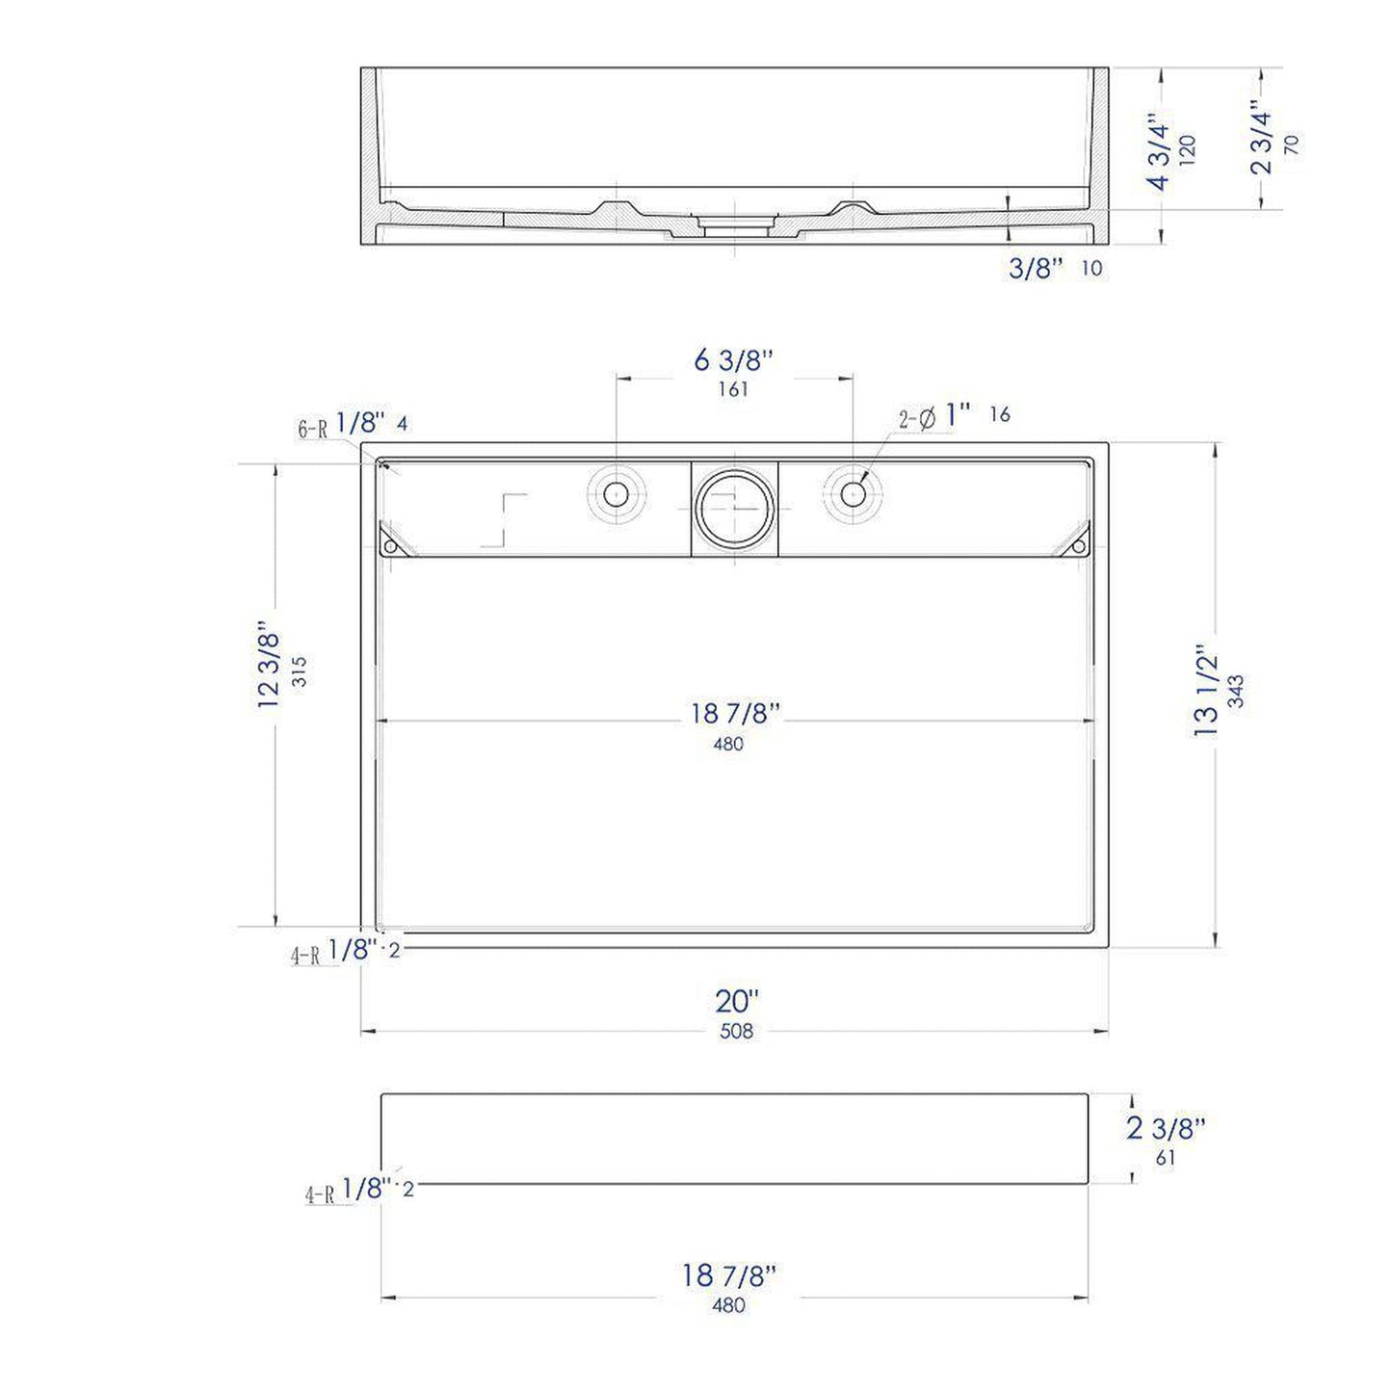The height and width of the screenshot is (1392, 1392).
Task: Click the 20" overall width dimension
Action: pos(737,1001)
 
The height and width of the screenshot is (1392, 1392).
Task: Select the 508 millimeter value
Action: pos(736,1032)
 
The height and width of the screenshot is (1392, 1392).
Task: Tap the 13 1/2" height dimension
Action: pos(1206,691)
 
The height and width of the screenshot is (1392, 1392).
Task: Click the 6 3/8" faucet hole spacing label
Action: pos(733,360)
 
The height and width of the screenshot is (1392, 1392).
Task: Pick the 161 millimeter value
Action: pos(733,390)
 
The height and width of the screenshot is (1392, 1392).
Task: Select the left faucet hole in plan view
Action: pos(616,494)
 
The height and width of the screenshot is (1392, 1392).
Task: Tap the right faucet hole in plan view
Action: pos(853,494)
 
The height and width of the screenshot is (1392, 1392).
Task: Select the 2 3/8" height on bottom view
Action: pos(1166,1127)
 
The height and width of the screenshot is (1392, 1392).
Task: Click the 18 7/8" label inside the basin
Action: pos(734,714)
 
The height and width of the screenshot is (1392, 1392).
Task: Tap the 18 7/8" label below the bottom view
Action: pos(728,1275)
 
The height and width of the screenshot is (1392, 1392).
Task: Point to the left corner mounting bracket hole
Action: pos(390,546)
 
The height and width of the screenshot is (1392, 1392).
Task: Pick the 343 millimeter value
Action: pos(1236,691)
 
